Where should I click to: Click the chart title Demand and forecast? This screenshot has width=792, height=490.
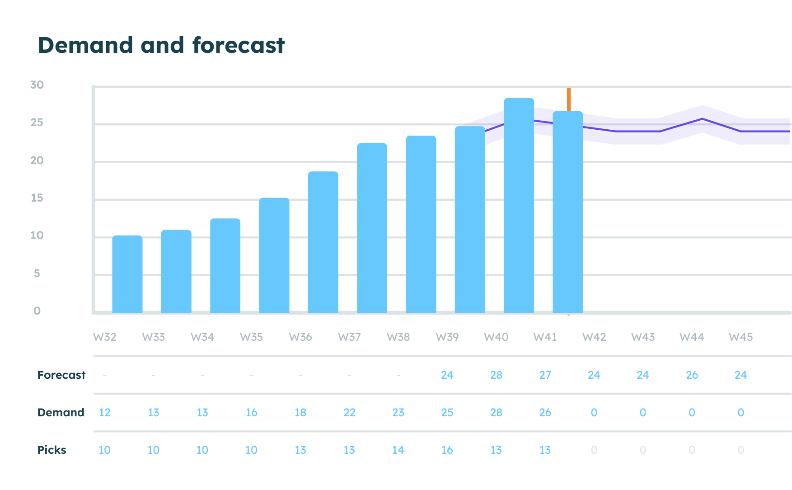(x=161, y=45)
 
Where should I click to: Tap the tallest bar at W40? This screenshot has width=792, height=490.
(x=519, y=206)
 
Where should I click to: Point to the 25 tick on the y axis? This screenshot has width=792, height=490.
(x=37, y=122)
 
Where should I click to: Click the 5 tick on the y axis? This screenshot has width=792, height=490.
(x=37, y=273)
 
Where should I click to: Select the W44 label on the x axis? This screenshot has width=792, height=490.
(x=692, y=337)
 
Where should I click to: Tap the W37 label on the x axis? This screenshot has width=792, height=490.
(x=349, y=337)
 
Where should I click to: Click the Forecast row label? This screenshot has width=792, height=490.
(x=61, y=375)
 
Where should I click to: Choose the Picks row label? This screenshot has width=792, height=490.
(x=52, y=450)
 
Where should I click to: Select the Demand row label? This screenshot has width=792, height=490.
(x=61, y=412)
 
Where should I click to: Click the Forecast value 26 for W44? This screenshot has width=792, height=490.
(x=692, y=375)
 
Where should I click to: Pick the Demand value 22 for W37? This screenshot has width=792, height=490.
(x=349, y=412)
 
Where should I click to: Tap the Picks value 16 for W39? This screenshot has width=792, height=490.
(x=447, y=450)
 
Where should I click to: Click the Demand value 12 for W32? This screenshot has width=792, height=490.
(x=104, y=412)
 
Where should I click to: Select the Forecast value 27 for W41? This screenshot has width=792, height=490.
(x=545, y=375)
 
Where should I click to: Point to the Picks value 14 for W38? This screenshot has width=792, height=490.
(x=398, y=450)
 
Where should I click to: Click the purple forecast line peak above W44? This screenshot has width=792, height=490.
(x=703, y=119)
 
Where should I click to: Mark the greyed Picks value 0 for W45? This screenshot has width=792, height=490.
(x=740, y=450)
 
